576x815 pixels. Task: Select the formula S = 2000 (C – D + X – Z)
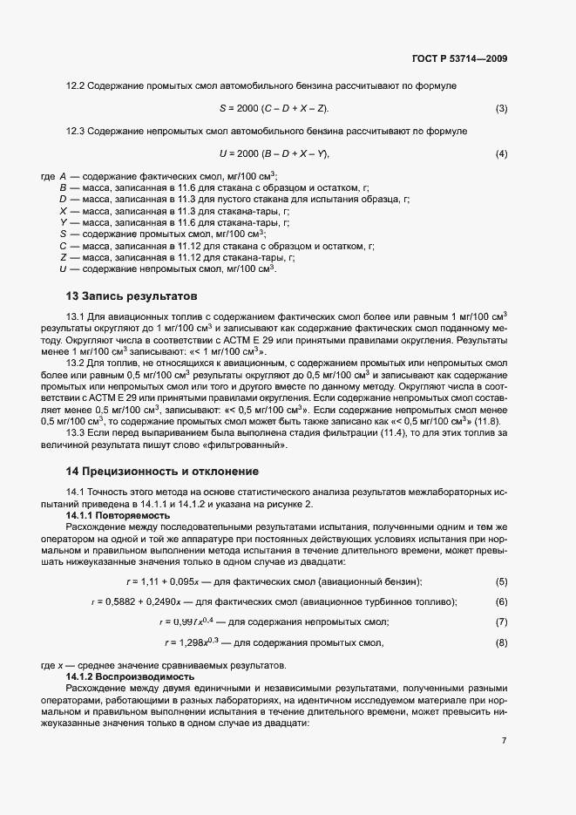pos(274,108)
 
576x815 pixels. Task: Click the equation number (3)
pos(501,108)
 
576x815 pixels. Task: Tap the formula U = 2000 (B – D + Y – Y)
pos(274,154)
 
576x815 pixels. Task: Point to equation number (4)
pos(501,154)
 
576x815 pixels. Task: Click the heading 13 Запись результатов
pos(132,295)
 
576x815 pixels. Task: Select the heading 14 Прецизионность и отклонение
pos(163,472)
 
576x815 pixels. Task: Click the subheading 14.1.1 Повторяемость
pos(116,516)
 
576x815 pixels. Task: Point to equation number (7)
pos(501,621)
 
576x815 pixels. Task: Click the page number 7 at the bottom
pos(504,741)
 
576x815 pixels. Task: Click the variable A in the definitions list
pos(63,176)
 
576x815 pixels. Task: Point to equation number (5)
pos(501,581)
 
